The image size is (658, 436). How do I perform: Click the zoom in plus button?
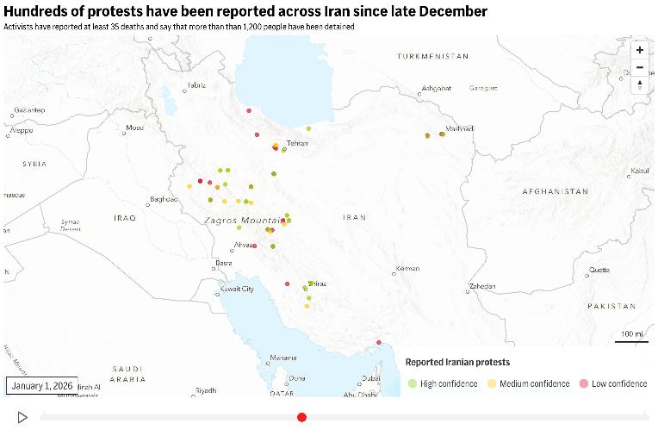coord(639,50)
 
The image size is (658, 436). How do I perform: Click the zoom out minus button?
coord(639,67)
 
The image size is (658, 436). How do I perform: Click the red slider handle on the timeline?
coord(301,417)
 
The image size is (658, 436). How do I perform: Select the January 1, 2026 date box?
coord(42,385)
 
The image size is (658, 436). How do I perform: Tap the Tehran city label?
coord(297,143)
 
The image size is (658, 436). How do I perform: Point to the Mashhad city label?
coord(460,128)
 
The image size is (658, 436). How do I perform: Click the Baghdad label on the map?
coord(163,199)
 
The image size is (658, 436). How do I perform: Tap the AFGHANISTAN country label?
coord(555,191)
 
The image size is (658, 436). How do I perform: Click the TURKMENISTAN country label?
coord(432,56)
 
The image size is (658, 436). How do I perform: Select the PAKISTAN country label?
coord(611,306)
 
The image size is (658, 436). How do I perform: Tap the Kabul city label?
coord(639,171)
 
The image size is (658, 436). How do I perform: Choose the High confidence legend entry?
coord(442,383)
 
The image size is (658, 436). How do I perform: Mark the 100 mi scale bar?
coord(631,336)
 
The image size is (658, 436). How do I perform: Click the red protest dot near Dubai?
coord(378,344)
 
